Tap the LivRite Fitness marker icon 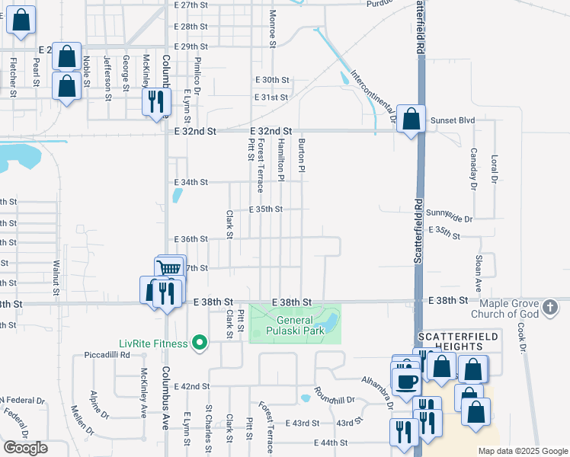point(200,344)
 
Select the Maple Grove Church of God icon point(551,308)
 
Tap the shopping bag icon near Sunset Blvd point(411,120)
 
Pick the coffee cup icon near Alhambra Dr point(405,380)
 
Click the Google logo point(25,448)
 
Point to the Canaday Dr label point(472,168)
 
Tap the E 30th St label point(273,80)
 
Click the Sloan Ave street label point(479,274)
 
